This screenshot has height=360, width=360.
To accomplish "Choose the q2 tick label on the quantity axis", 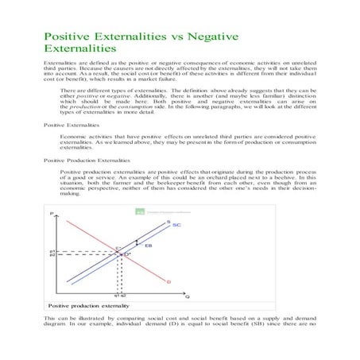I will pos(126,297).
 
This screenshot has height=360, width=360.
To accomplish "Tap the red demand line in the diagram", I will pos(147,270).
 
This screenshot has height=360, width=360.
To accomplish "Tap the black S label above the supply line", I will pos(166,222).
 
